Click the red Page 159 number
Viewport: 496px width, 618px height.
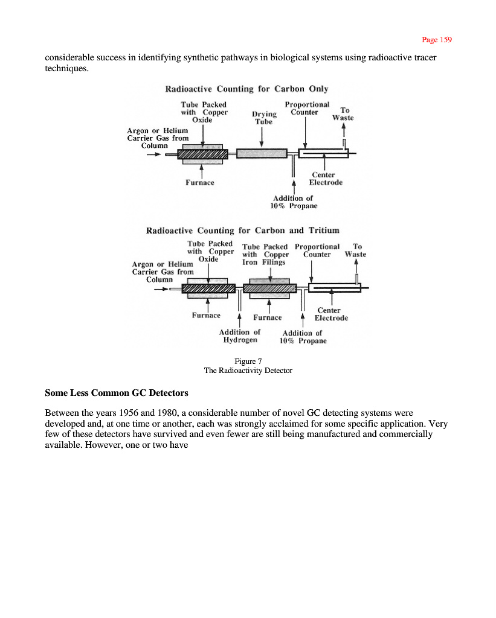click(436, 40)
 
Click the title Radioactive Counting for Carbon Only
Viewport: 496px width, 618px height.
click(246, 89)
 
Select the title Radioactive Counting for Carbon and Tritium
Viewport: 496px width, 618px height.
click(242, 231)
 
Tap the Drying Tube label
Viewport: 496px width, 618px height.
click(264, 117)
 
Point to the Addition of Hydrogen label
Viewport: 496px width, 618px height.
click(240, 336)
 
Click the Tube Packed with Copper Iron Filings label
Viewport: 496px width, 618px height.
click(265, 254)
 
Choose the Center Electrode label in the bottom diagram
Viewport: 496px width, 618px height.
click(331, 314)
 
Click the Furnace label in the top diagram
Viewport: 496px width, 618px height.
click(199, 182)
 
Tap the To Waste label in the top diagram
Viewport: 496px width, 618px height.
click(343, 114)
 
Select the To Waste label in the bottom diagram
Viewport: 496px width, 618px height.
click(355, 250)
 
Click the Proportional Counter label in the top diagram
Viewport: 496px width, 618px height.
click(307, 108)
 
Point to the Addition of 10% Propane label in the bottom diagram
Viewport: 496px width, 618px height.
click(302, 337)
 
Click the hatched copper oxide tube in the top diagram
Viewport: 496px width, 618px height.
click(202, 154)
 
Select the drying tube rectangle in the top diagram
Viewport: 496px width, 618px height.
click(261, 154)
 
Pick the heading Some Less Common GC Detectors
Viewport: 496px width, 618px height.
click(117, 393)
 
